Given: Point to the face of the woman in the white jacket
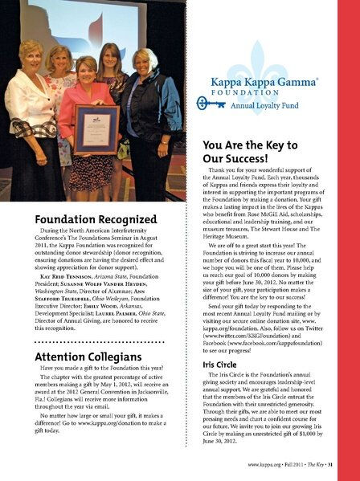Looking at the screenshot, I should [x=31, y=55].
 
